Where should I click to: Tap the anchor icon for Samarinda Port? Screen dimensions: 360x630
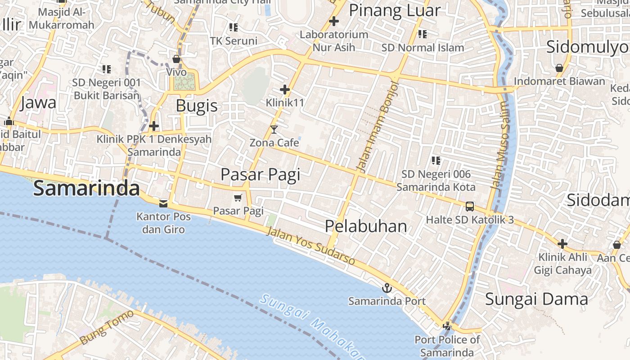[387, 288]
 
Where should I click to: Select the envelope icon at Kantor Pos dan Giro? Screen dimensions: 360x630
[163, 204]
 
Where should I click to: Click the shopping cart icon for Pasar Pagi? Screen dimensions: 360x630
[238, 198]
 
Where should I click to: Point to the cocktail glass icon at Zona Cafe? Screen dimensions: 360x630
[274, 130]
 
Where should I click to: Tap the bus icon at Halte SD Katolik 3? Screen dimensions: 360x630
[469, 207]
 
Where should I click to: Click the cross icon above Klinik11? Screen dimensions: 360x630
[284, 90]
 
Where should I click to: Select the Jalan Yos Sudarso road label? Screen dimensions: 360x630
[310, 246]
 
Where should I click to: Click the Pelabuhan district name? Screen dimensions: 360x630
[366, 226]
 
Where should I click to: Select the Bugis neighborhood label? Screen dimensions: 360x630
[197, 106]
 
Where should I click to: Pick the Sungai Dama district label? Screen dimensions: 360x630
[536, 299]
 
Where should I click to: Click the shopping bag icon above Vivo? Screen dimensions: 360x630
[176, 59]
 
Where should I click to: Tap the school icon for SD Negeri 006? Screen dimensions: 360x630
[436, 160]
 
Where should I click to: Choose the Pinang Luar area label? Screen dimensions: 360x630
[394, 10]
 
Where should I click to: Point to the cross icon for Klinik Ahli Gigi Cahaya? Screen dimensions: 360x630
[562, 244]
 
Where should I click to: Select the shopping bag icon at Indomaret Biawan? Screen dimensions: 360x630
[559, 68]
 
